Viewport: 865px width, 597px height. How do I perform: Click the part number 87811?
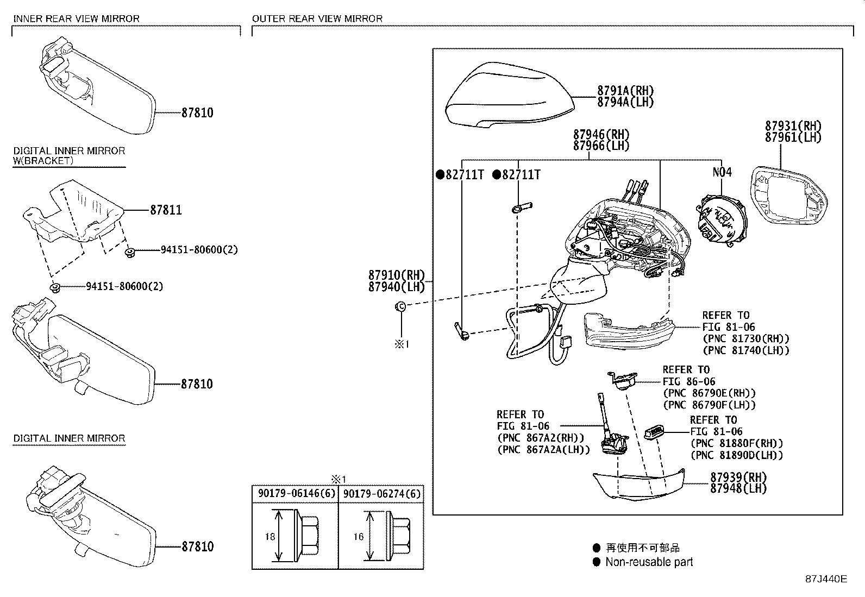(x=166, y=210)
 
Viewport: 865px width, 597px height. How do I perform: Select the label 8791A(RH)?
(x=625, y=91)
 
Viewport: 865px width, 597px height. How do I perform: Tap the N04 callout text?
(x=722, y=172)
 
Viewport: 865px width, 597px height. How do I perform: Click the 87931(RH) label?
(x=793, y=126)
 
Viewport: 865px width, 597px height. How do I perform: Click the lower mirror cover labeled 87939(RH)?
(x=638, y=484)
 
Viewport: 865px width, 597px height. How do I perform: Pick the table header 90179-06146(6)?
(x=295, y=494)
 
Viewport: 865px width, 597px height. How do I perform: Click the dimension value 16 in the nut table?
(x=358, y=537)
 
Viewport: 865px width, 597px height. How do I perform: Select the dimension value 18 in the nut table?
(x=270, y=537)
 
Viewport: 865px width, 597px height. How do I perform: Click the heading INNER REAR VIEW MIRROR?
(x=76, y=18)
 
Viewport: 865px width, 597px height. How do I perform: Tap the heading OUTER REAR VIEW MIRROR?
(x=317, y=18)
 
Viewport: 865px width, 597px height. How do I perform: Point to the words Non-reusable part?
(x=649, y=562)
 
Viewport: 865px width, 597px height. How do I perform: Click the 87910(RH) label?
(x=396, y=275)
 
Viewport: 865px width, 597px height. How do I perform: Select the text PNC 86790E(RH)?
(x=709, y=393)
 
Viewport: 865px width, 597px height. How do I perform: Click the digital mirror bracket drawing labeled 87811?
(x=76, y=215)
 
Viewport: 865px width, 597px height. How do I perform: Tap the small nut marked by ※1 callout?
(x=401, y=307)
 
